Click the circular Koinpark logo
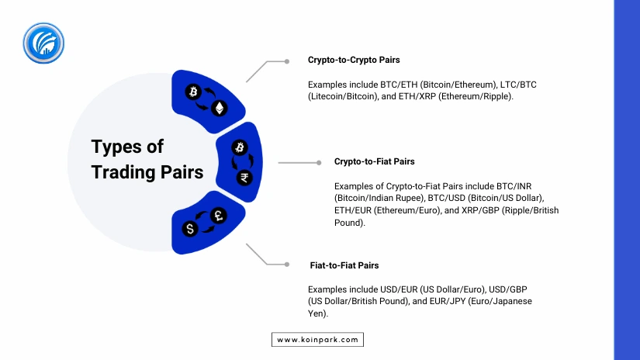click(x=43, y=43)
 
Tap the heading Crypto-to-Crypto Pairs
click(x=354, y=60)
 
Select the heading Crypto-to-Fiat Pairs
click(x=374, y=161)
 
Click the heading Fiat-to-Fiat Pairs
click(x=344, y=265)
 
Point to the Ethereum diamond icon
click(x=220, y=108)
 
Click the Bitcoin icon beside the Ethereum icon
click(x=193, y=92)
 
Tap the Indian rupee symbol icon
click(x=244, y=178)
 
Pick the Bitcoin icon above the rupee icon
click(x=240, y=147)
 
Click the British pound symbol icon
click(x=218, y=216)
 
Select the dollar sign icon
click(x=190, y=229)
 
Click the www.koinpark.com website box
click(x=317, y=340)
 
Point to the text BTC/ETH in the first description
click(x=399, y=85)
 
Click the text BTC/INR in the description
click(x=514, y=186)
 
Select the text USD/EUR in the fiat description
click(x=399, y=289)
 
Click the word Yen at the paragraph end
click(x=317, y=313)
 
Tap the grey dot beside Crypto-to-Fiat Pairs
click(x=319, y=162)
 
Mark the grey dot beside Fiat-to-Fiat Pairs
click(x=287, y=265)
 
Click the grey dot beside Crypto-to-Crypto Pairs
click(x=287, y=61)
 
